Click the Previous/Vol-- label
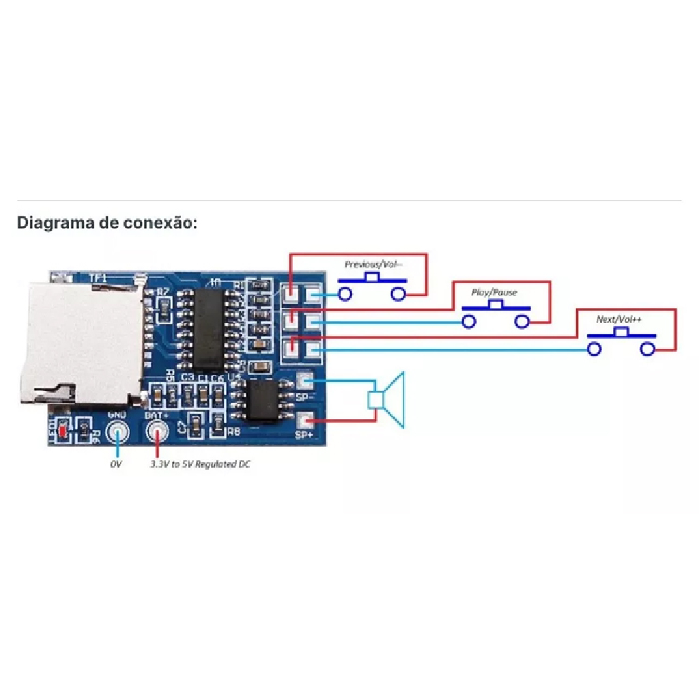point(373,263)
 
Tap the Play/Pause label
point(494,292)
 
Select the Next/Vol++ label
point(619,319)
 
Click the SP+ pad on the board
point(305,420)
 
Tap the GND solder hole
point(118,432)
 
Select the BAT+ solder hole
point(157,432)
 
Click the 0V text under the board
point(115,464)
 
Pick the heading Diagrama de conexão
point(107,223)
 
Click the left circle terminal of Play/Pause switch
point(469,322)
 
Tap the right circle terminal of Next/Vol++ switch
point(648,349)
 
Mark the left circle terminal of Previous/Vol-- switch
point(345,294)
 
